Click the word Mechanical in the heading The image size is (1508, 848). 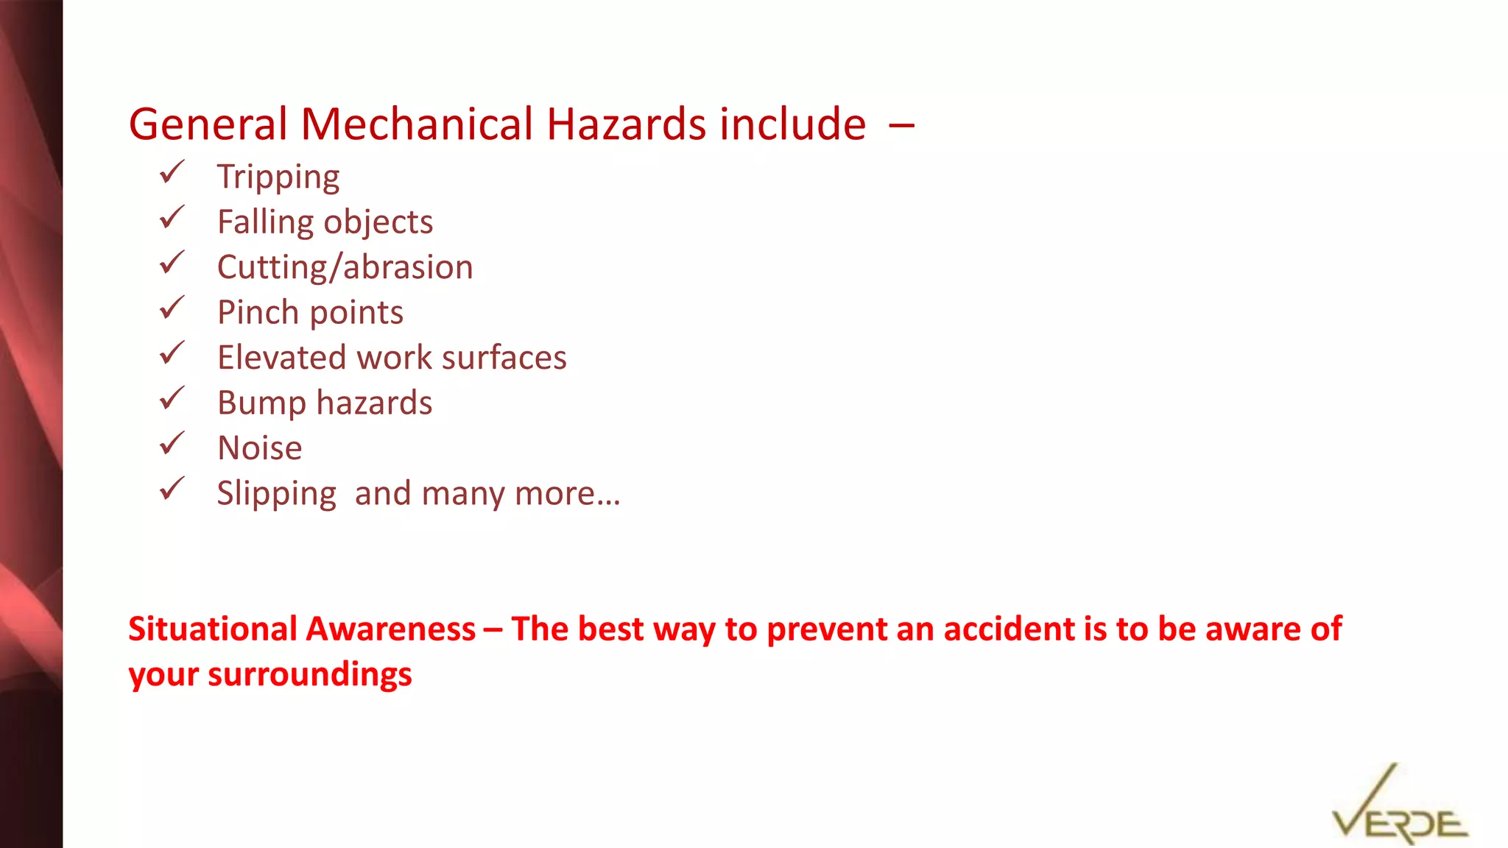(x=416, y=124)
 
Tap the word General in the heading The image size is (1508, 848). (x=208, y=124)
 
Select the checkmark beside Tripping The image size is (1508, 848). (x=172, y=173)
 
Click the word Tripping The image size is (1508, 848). (x=278, y=177)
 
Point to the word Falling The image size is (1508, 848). (x=265, y=222)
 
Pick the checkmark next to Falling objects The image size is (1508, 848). (x=172, y=218)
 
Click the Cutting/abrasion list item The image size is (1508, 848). (x=345, y=267)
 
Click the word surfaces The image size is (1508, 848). (x=504, y=358)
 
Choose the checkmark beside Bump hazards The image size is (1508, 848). (x=172, y=399)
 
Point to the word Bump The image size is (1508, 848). (x=261, y=403)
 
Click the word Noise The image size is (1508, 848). (x=260, y=448)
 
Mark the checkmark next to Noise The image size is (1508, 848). (x=172, y=444)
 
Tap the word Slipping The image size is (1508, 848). (x=277, y=494)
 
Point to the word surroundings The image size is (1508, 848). (x=310, y=674)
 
